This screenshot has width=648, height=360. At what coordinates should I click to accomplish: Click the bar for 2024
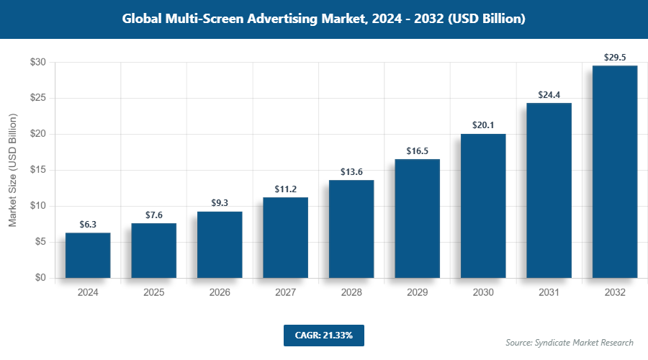(x=88, y=255)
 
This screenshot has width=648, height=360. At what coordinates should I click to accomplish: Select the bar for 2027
(x=285, y=238)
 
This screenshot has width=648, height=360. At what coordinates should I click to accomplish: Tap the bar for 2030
(x=483, y=206)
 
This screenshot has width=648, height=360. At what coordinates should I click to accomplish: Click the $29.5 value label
(x=615, y=57)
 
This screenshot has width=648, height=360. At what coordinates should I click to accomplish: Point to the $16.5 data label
(x=417, y=150)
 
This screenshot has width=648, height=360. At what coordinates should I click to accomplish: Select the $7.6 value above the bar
(x=153, y=215)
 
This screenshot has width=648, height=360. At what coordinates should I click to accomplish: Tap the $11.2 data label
(x=285, y=189)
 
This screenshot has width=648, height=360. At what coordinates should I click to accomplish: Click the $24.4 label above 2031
(x=549, y=94)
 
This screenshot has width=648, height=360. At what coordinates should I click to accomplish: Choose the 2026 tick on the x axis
(x=220, y=293)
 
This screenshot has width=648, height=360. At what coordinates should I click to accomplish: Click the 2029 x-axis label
(x=417, y=293)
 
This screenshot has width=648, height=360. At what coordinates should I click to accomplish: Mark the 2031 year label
(x=549, y=293)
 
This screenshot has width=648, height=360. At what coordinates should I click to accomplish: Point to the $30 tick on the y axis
(x=38, y=63)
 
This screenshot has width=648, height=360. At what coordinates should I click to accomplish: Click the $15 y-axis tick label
(x=38, y=170)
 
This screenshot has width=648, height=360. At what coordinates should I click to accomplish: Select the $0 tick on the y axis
(x=41, y=278)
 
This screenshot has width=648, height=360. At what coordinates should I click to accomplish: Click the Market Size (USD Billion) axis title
(x=13, y=170)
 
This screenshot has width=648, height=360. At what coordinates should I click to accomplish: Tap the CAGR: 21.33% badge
(x=323, y=335)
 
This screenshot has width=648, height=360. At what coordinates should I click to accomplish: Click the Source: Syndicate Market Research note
(x=570, y=342)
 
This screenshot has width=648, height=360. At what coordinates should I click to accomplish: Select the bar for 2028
(x=351, y=229)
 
